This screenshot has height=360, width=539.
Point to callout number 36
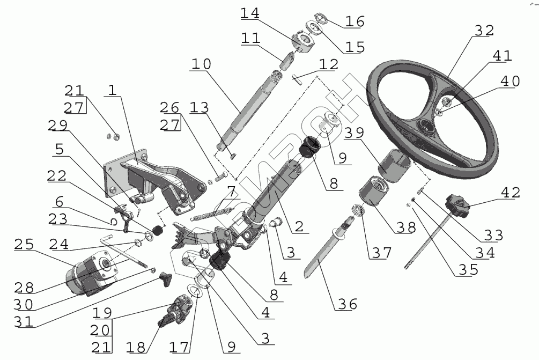(x=346, y=304)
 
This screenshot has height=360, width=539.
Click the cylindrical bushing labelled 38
(x=374, y=196)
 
